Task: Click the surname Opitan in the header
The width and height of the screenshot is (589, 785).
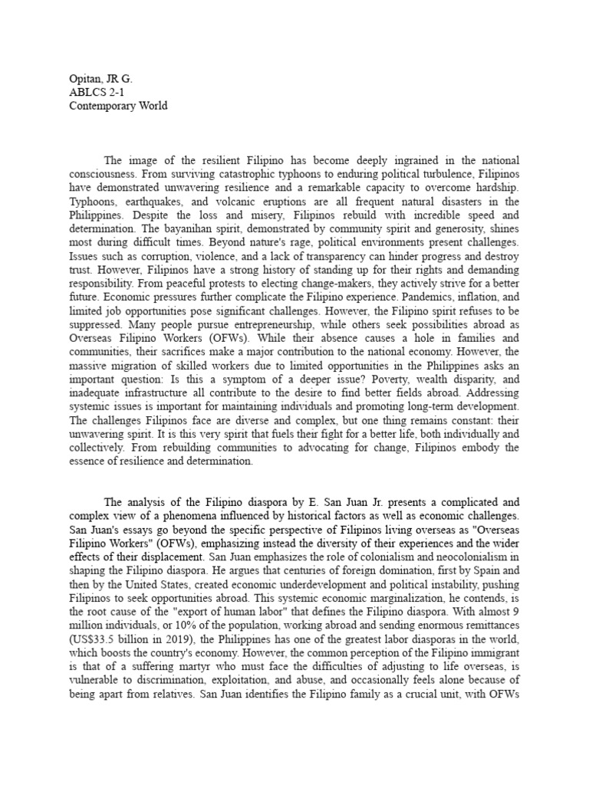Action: coord(77,77)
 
